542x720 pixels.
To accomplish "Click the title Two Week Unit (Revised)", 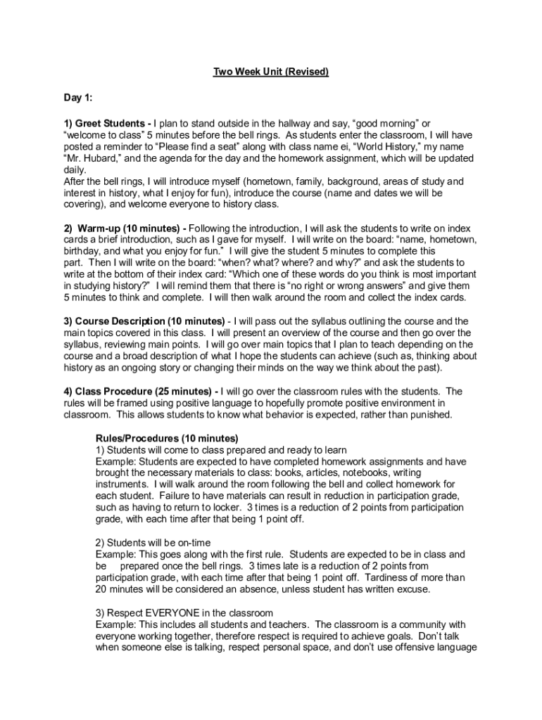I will (x=271, y=72).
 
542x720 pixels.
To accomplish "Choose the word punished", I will (x=430, y=415).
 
